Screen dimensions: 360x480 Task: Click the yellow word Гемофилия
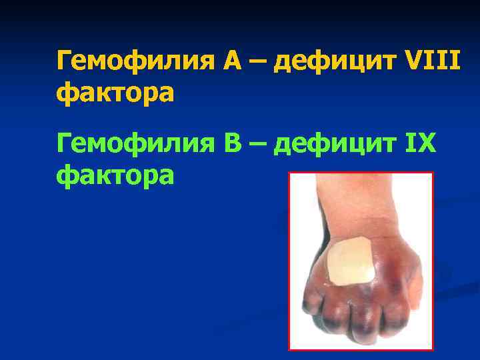(x=134, y=63)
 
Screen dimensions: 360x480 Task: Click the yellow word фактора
(x=115, y=94)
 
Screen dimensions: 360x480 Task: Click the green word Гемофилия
(x=134, y=144)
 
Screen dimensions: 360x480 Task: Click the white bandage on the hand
(x=352, y=262)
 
